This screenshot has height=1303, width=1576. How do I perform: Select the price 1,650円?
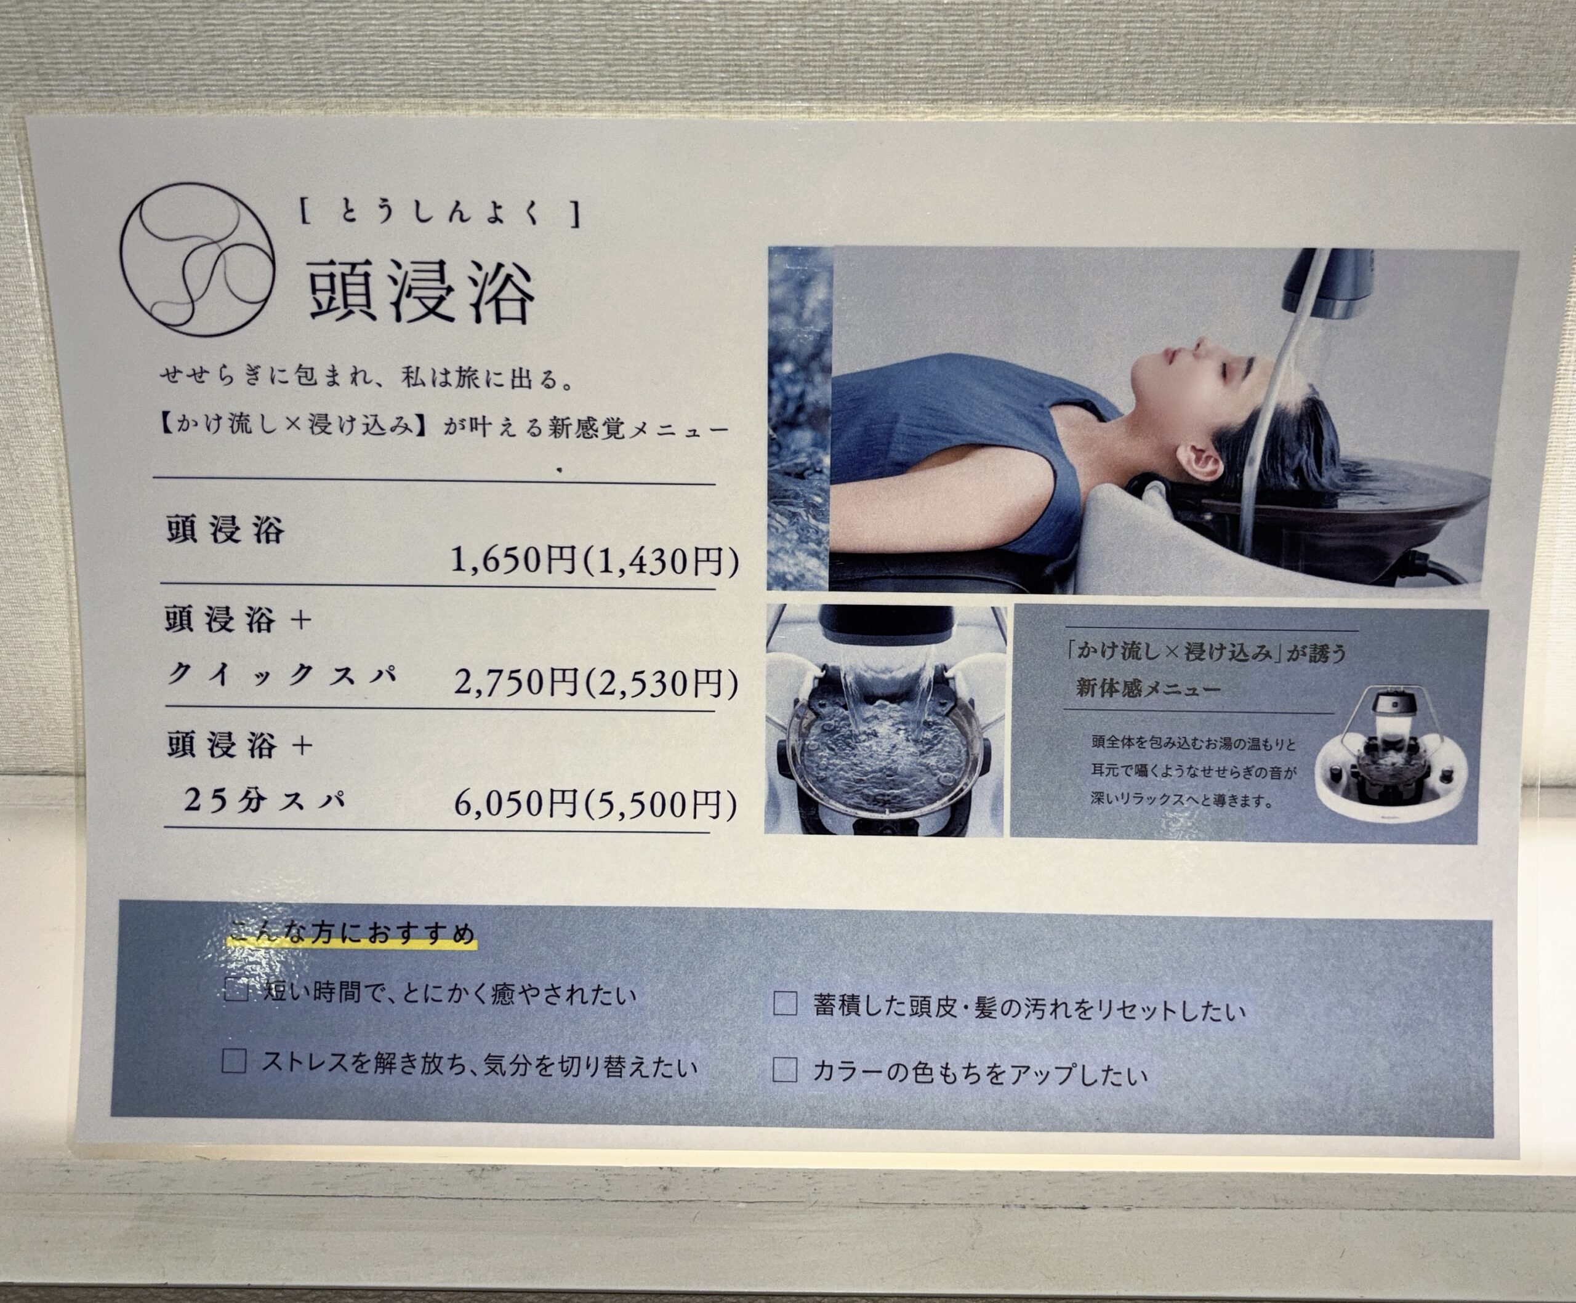[513, 559]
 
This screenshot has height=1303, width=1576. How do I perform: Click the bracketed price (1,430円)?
[660, 561]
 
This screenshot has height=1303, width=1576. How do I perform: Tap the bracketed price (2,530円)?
[660, 683]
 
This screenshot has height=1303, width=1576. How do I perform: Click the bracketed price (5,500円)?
[659, 805]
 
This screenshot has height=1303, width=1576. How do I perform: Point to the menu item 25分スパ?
[265, 800]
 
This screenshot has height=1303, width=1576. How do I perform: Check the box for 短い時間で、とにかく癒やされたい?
[236, 990]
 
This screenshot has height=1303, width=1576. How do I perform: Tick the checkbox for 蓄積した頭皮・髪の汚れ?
[785, 1004]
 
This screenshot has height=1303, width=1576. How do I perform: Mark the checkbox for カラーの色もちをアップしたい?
[784, 1070]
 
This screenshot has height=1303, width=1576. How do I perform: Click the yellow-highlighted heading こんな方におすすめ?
[352, 933]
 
